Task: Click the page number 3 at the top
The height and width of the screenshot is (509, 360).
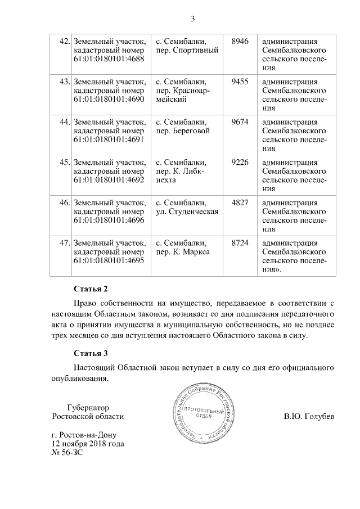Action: (192, 19)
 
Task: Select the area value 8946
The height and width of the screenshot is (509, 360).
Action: (240, 41)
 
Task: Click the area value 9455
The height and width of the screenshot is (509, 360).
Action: (240, 82)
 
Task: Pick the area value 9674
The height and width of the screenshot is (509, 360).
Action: (240, 122)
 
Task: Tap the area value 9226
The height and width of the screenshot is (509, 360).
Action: (240, 163)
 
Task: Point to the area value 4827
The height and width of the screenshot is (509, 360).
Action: (240, 202)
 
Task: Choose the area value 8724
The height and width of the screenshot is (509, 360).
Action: (240, 243)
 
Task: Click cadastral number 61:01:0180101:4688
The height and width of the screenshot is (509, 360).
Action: (109, 59)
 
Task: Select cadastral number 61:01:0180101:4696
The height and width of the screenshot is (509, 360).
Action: (109, 220)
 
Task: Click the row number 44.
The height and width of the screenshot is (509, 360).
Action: (64, 122)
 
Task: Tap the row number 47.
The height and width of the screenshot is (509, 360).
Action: (64, 243)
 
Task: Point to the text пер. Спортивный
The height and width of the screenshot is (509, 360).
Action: (187, 50)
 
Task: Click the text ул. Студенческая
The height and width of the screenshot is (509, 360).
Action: (187, 211)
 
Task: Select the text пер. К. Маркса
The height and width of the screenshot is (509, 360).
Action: (183, 252)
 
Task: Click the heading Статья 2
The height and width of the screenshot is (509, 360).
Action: (91, 290)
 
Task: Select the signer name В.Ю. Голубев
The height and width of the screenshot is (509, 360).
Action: (309, 417)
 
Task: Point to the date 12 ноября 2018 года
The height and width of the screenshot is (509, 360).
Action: (88, 443)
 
